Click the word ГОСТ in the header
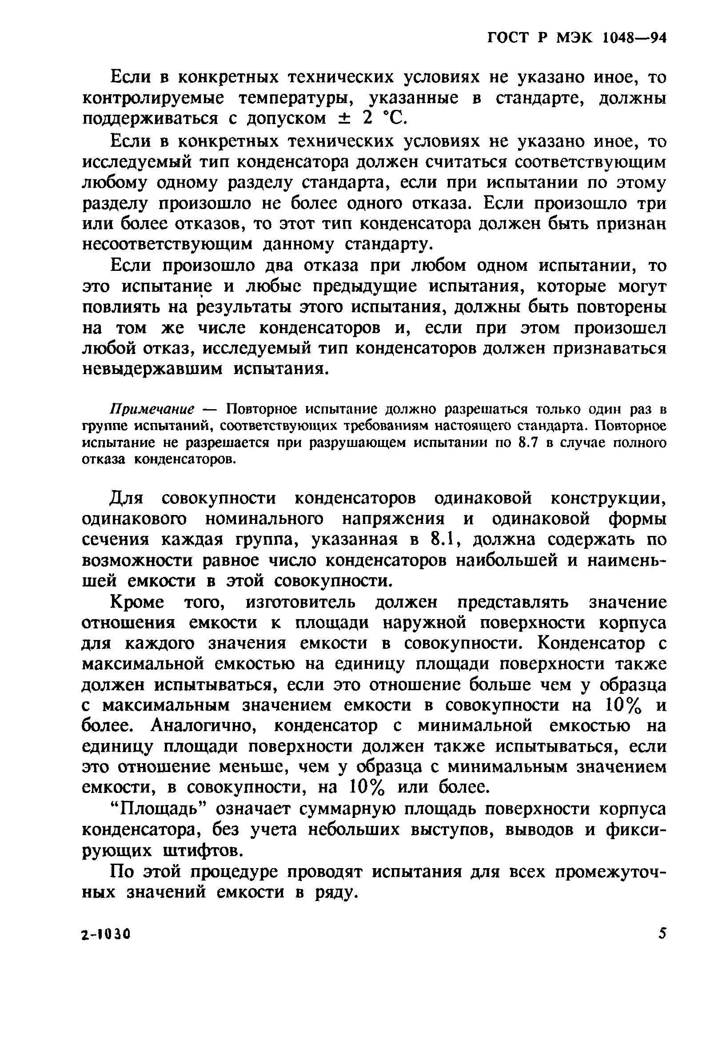[x=509, y=38]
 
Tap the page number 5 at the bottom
[x=662, y=933]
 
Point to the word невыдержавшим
[x=153, y=369]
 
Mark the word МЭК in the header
[x=574, y=38]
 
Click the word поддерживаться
[x=150, y=119]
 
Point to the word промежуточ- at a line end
[x=611, y=872]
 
